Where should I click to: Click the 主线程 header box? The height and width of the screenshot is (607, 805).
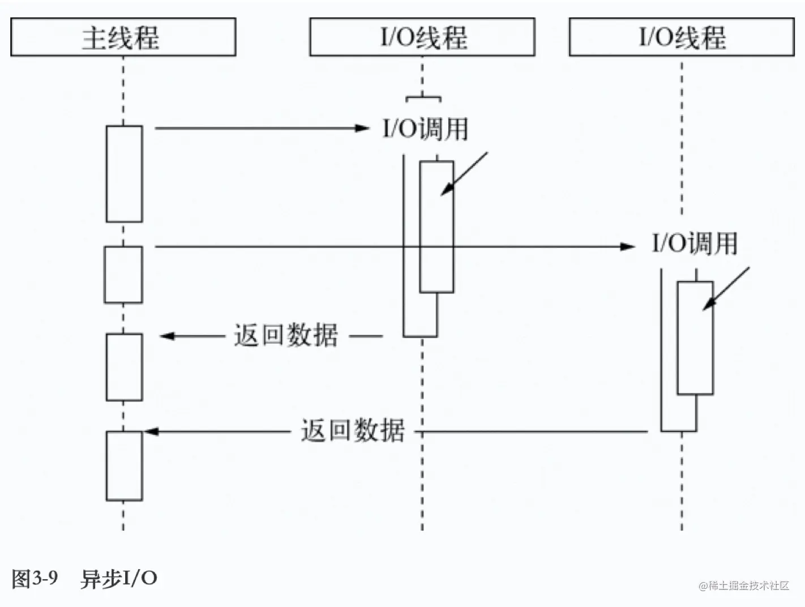pyautogui.click(x=123, y=37)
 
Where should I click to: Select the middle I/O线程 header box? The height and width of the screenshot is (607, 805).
pyautogui.click(x=422, y=37)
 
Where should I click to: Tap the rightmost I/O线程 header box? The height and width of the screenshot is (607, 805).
pyautogui.click(x=681, y=37)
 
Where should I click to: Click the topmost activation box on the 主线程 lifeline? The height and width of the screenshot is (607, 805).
pyautogui.click(x=124, y=174)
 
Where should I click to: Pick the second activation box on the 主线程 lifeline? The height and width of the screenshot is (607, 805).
pyautogui.click(x=123, y=275)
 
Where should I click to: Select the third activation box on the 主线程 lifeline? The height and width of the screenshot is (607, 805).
pyautogui.click(x=124, y=367)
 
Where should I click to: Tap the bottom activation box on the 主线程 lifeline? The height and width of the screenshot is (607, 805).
pyautogui.click(x=124, y=466)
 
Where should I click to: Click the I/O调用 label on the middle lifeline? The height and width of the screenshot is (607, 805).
pyautogui.click(x=425, y=129)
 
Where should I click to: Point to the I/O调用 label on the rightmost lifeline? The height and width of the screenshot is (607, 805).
pyautogui.click(x=695, y=243)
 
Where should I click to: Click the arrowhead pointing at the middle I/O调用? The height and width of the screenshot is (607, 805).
pyautogui.click(x=362, y=129)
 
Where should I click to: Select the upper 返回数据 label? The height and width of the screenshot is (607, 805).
pyautogui.click(x=286, y=335)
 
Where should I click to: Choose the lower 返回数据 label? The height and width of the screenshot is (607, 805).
pyautogui.click(x=353, y=431)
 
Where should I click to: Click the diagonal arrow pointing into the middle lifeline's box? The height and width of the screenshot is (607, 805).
pyautogui.click(x=464, y=174)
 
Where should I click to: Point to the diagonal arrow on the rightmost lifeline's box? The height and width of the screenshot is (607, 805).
pyautogui.click(x=726, y=289)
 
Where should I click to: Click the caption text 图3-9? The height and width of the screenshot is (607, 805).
pyautogui.click(x=35, y=579)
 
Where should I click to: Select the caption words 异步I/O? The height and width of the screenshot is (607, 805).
pyautogui.click(x=119, y=579)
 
